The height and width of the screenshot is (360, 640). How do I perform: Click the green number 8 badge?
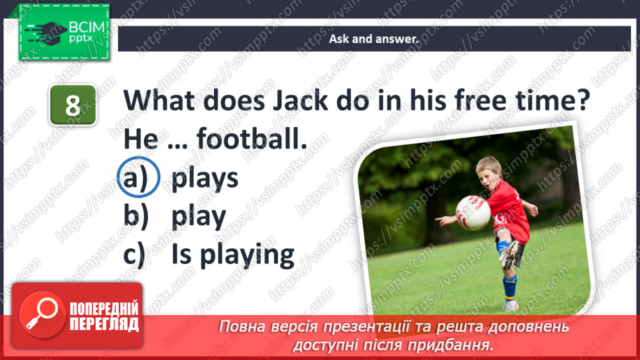click(72, 107)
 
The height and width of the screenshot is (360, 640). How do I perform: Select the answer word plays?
click(205, 179)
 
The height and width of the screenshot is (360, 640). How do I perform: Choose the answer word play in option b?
click(199, 217)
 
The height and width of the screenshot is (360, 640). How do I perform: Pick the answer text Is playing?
click(233, 254)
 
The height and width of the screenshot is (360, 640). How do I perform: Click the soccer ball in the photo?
click(473, 213)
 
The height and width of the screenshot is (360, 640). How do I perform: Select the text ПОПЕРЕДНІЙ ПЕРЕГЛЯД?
click(105, 316)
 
